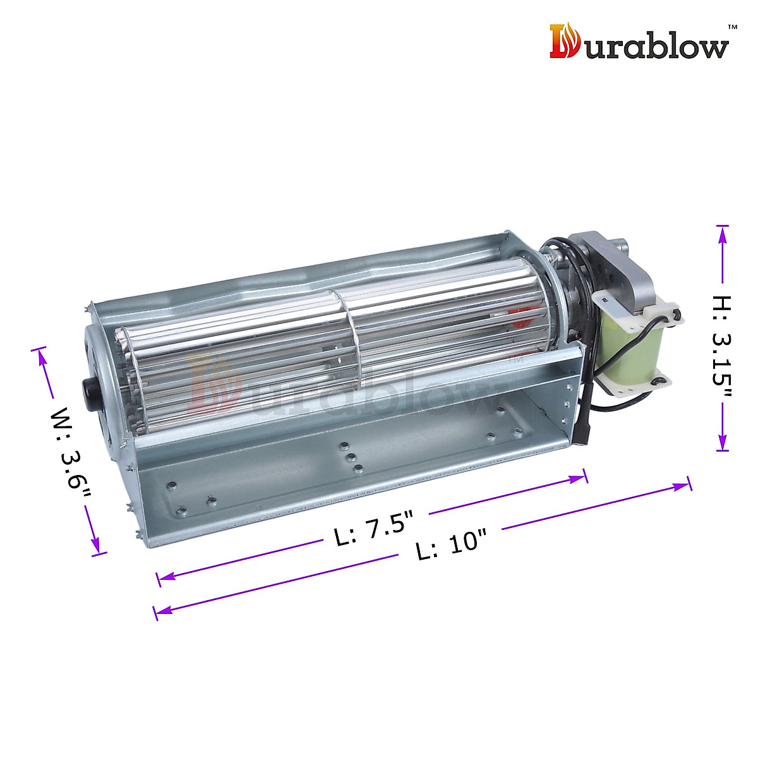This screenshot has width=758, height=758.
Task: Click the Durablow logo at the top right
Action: pyautogui.click(x=639, y=42)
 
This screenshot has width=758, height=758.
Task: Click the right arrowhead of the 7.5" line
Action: pyautogui.click(x=578, y=478)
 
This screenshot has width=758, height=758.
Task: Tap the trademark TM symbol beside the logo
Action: pyautogui.click(x=732, y=27)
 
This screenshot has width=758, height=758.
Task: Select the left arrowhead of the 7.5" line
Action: pyautogui.click(x=166, y=577)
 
